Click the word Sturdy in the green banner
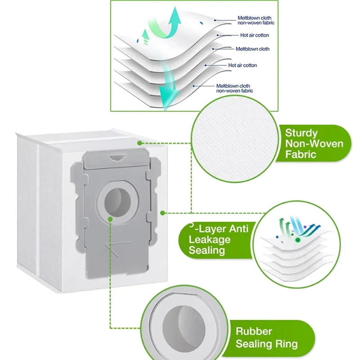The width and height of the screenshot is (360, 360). tap(301, 133)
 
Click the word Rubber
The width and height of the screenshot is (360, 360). tap(254, 332)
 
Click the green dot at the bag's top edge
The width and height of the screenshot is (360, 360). tap(140, 143)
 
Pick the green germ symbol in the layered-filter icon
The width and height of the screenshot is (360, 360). tap(297, 240)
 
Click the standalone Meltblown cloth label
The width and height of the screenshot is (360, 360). tap(252, 49)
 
